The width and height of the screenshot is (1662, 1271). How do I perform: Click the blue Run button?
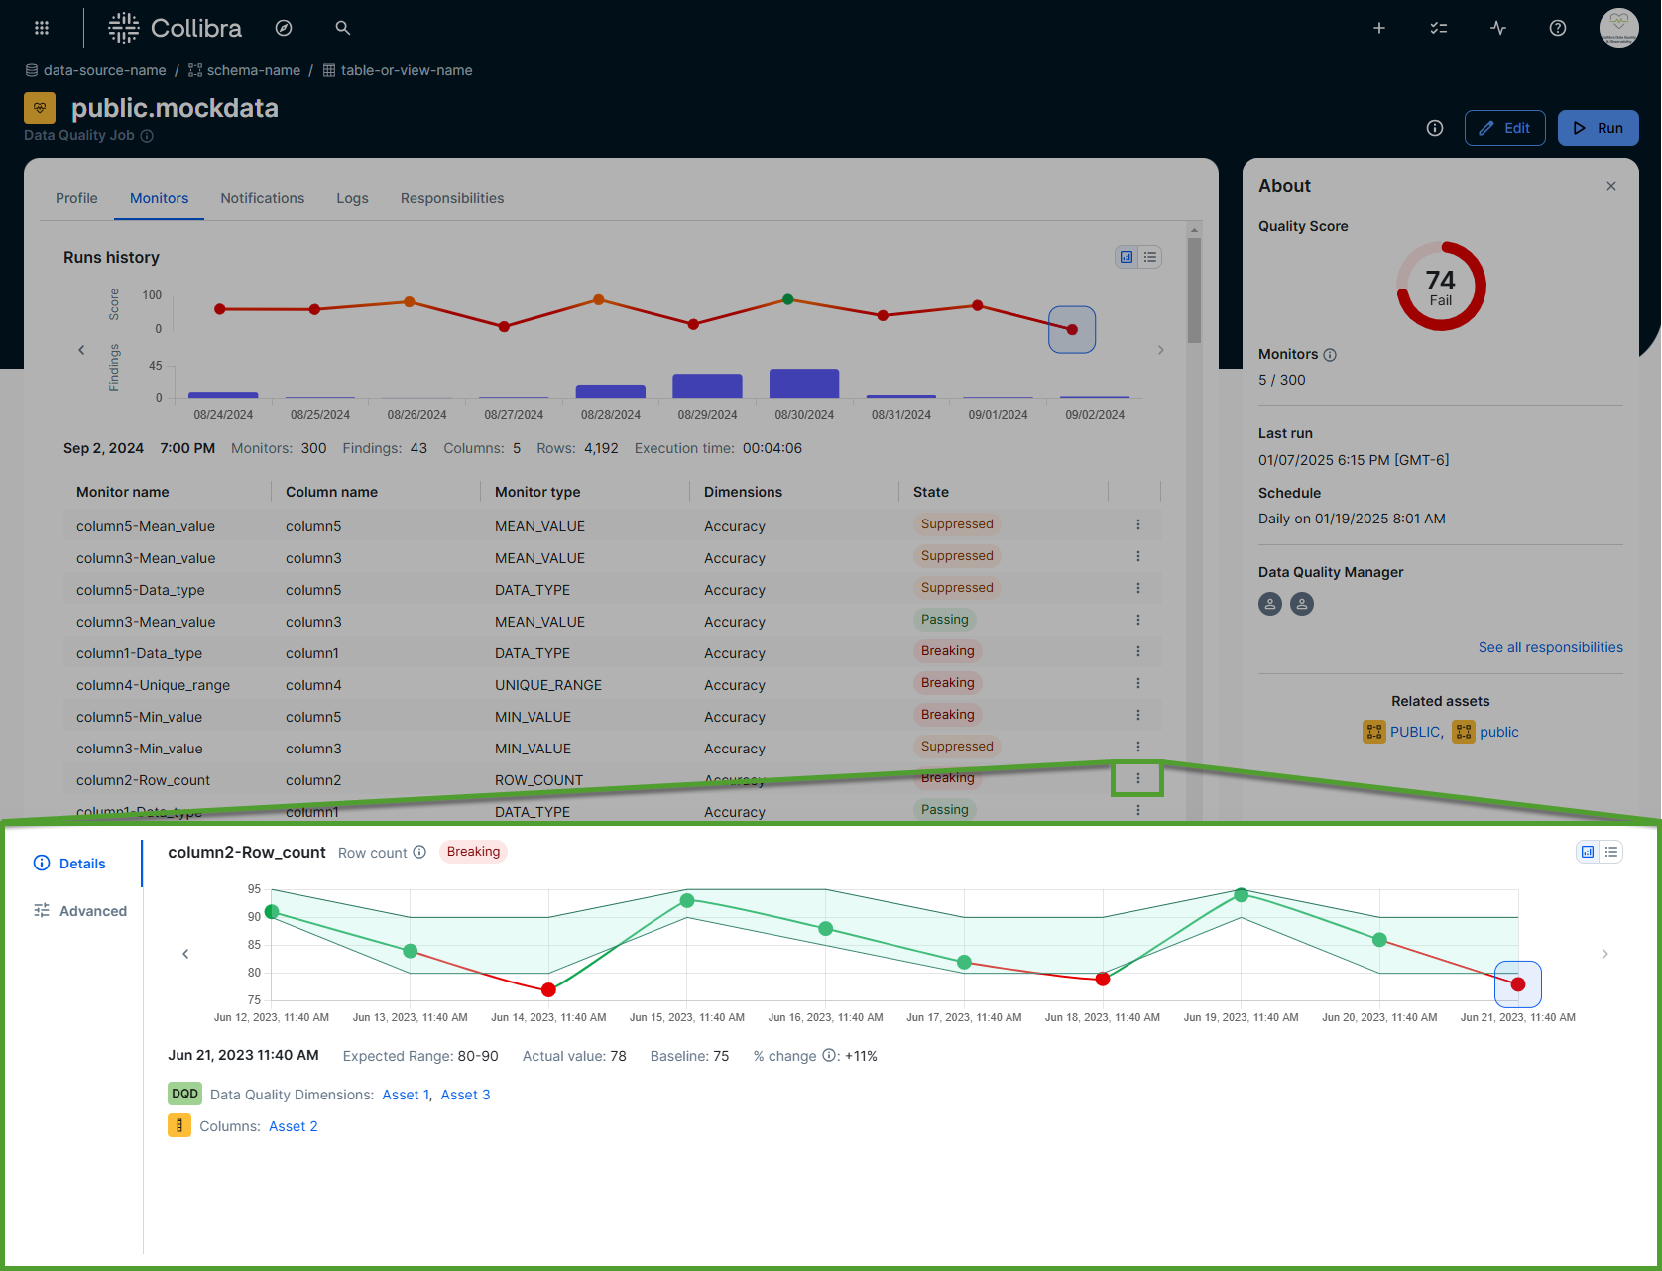coord(1598,128)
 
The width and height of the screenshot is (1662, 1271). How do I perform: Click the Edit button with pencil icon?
coord(1504,128)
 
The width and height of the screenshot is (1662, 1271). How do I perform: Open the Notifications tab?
coord(262,198)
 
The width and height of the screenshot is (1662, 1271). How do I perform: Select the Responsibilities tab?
coord(451,198)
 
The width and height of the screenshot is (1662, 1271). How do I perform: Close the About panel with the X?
coord(1610,186)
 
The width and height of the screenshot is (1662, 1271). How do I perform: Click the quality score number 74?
coord(1440,281)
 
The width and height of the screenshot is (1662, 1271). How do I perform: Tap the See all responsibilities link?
coord(1550,647)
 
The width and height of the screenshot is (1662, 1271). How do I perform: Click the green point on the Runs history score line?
coord(787,299)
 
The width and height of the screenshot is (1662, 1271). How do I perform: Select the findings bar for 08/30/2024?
coord(804,383)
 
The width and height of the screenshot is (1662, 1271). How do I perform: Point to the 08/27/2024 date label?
coord(514,415)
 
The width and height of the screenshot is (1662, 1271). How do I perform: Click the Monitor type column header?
coord(537,492)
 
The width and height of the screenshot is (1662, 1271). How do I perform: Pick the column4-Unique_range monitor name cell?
coord(153,685)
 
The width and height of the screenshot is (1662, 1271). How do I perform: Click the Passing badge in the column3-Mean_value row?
coord(944,620)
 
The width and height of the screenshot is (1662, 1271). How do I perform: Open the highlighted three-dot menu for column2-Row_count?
coord(1137,778)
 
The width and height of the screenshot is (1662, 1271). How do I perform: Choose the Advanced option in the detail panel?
coord(92,911)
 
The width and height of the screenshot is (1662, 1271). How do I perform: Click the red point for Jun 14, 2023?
coord(548,989)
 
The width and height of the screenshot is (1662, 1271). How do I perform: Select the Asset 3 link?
coord(465,1095)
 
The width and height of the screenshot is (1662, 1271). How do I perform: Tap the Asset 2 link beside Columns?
coord(293,1126)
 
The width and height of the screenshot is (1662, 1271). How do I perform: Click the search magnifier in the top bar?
coord(343,28)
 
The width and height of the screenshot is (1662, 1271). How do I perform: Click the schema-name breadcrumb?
coord(253,70)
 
